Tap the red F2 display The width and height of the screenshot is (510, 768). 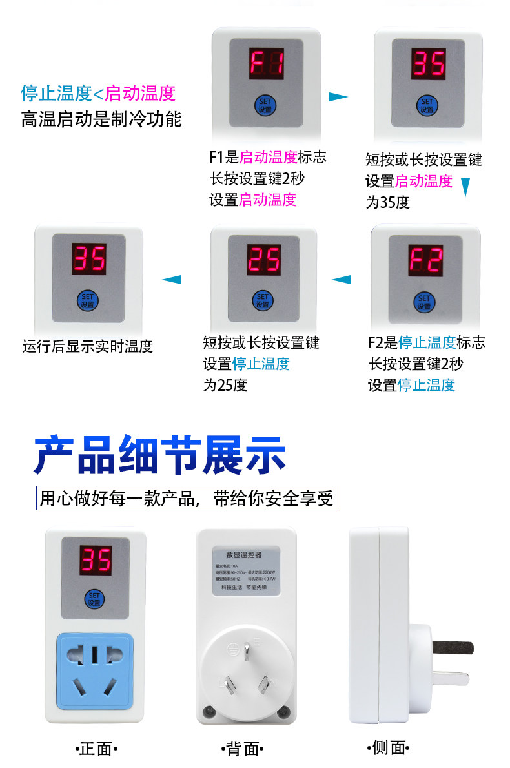[x=424, y=261]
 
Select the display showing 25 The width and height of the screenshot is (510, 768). [x=263, y=260]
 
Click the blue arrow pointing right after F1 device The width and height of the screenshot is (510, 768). [x=338, y=97]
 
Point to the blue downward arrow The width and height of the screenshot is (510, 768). [x=465, y=187]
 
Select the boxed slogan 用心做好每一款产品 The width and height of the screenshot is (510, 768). [x=187, y=499]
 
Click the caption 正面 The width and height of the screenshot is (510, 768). [x=96, y=749]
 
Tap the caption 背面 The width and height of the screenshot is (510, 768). [x=243, y=749]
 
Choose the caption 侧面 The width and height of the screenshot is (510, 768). [x=389, y=748]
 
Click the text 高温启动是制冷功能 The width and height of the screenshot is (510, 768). [x=101, y=119]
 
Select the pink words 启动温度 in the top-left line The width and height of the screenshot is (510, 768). [x=140, y=93]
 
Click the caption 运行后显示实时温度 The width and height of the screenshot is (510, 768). [x=88, y=346]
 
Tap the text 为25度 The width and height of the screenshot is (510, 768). [x=225, y=386]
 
